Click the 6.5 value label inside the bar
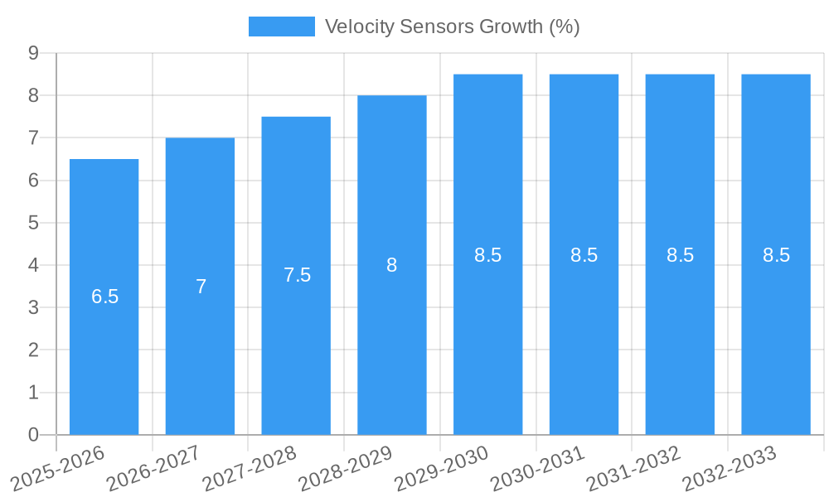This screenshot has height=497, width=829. pos(105,297)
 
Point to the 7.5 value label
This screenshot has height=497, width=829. pos(297,276)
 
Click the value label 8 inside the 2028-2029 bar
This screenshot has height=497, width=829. pos(391,265)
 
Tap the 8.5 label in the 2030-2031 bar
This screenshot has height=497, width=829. pos(584,255)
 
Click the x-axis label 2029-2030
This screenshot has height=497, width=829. pos(442,467)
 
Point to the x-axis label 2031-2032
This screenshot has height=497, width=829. pos(633,467)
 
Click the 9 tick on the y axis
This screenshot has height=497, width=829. pos(33,53)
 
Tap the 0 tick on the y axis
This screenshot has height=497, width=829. pos(33,435)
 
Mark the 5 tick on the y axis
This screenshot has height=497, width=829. pos(33,223)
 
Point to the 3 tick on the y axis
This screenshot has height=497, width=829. pos(33,308)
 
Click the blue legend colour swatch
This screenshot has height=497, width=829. pos(282,27)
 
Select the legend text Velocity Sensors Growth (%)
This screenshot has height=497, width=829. pos(452,27)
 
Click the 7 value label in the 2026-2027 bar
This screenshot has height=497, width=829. pos(201,287)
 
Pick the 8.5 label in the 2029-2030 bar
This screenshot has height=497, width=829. pos(487,255)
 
